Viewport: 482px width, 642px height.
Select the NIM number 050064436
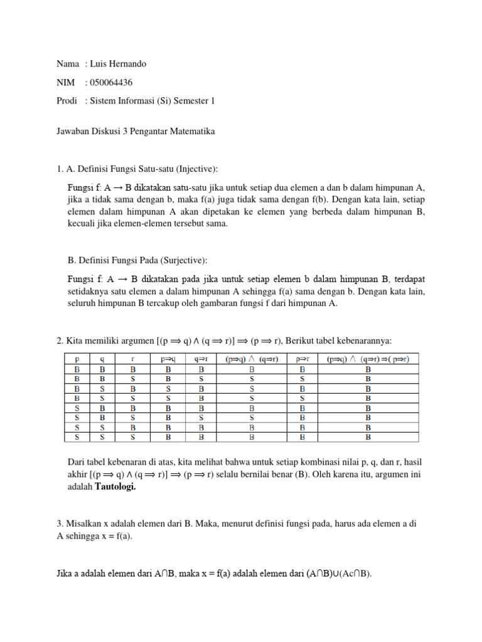click(x=112, y=82)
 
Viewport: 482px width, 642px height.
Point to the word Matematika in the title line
click(x=188, y=132)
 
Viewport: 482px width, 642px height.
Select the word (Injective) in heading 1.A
click(x=198, y=168)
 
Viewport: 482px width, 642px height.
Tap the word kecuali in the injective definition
click(x=83, y=224)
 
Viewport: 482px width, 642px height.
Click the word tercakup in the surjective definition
click(x=158, y=303)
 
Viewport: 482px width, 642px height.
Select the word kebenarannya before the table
click(x=360, y=340)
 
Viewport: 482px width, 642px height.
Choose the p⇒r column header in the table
click(x=302, y=359)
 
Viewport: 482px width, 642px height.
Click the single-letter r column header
click(x=133, y=359)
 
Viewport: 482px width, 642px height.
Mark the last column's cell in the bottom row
click(x=368, y=436)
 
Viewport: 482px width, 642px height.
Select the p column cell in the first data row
click(x=77, y=369)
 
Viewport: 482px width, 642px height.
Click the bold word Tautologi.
click(x=115, y=487)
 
